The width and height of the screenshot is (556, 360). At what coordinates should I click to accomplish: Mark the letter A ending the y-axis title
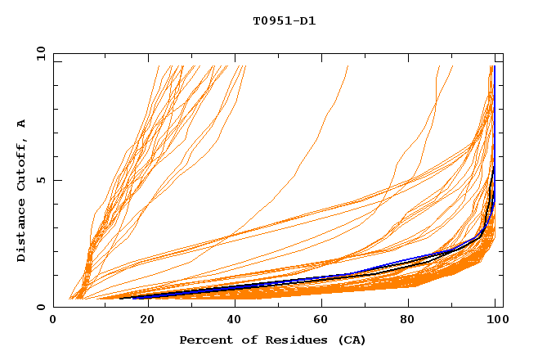[21, 124]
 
